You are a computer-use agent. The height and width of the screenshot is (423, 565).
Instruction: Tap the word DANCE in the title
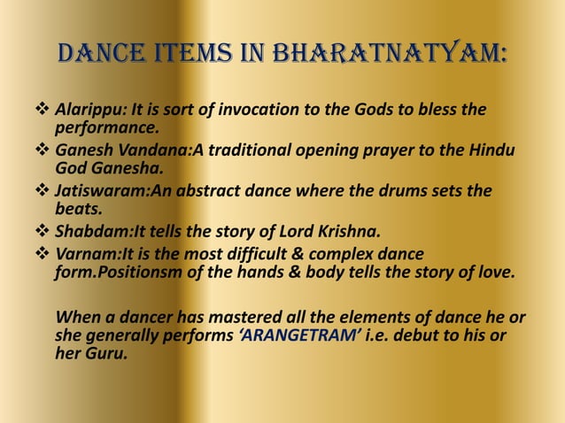point(112,56)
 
